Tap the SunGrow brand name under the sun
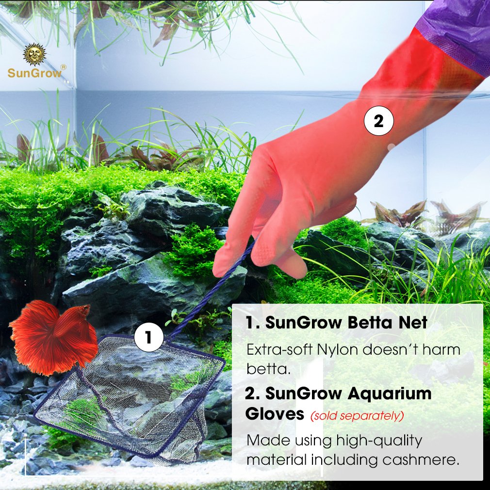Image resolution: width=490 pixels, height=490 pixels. pos(34,74)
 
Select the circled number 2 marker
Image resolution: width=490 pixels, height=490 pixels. pos(378,121)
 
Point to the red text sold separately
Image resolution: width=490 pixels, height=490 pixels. pos(357,416)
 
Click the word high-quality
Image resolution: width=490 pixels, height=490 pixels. pos(378,441)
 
